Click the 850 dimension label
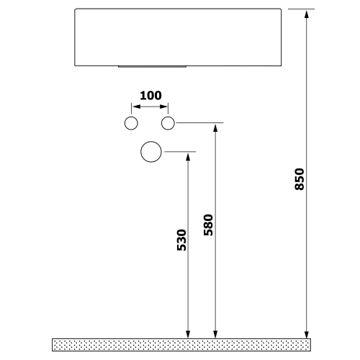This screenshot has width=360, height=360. click(x=300, y=179)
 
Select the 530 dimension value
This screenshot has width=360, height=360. click(x=181, y=240)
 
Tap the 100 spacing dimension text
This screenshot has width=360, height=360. click(x=150, y=95)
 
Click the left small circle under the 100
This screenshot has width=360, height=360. click(x=131, y=123)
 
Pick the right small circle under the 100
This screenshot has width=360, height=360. click(x=168, y=123)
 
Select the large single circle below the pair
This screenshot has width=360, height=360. click(x=151, y=152)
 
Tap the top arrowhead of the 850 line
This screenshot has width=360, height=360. click(x=307, y=14)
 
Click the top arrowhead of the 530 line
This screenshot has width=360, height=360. click(x=188, y=156)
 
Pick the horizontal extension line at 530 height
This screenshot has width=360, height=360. click(x=180, y=151)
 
